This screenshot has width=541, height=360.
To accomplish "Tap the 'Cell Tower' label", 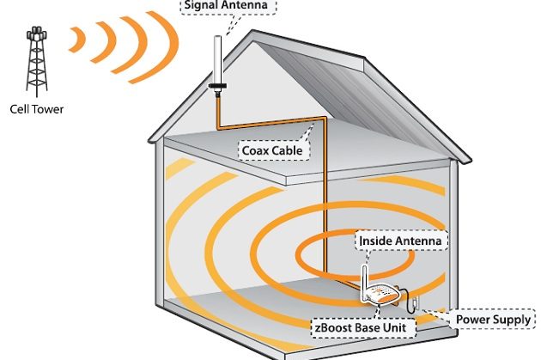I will (x=36, y=108).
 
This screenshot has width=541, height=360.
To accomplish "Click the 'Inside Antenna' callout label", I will (x=402, y=241).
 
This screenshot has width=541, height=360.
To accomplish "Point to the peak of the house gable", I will (x=257, y=33).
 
